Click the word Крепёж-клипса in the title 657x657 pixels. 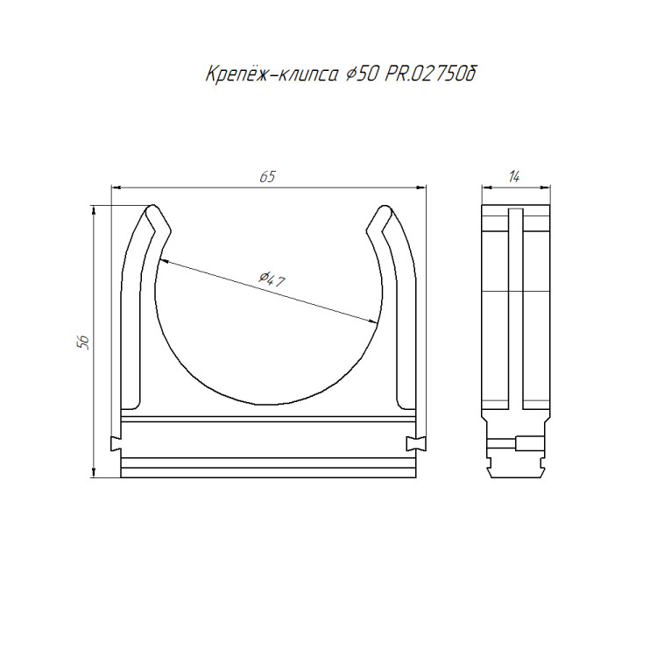pos(272,74)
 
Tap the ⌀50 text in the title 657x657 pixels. pos(362,74)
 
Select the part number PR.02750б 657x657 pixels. pos(430,74)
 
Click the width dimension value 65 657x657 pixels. pos(267,177)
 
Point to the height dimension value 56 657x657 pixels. pos(83,343)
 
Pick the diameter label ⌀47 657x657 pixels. pos(271,279)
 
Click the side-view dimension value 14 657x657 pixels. pos(514,177)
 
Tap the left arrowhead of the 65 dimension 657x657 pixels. pos(116,187)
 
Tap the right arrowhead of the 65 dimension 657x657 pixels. pos(421,187)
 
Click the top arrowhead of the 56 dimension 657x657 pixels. pos(94,210)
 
